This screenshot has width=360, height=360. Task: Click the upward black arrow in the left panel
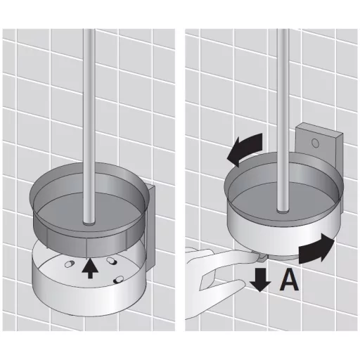tap(90, 269)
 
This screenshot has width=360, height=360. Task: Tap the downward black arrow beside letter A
tap(260, 280)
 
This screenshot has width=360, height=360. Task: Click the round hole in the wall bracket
tap(315, 143)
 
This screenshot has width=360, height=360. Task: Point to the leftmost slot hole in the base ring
tap(70, 264)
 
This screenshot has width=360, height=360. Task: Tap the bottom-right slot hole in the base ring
tap(118, 279)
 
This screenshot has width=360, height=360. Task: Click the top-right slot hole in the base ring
tap(111, 260)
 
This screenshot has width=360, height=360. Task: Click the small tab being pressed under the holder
tap(262, 258)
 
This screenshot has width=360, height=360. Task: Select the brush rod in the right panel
tap(283, 120)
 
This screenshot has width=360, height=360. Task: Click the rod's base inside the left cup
tap(89, 224)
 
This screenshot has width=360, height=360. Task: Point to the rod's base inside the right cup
tap(283, 211)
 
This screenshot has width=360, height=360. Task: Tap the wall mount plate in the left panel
tap(150, 225)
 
